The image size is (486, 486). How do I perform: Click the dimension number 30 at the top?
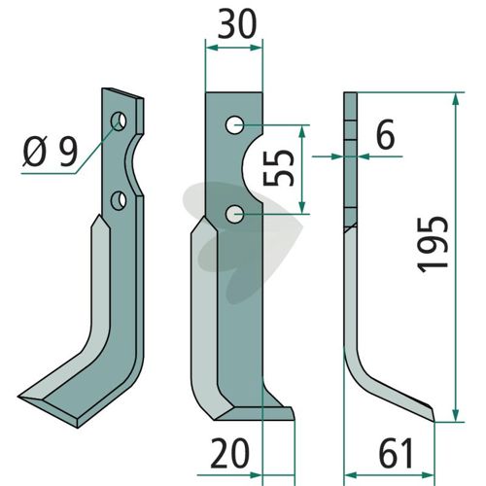237,23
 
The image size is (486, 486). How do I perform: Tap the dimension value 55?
279,168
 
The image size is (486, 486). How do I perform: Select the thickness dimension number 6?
386,134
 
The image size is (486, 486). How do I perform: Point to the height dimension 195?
433,245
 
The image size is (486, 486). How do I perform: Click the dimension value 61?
396,453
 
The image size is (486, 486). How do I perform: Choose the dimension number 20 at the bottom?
230,453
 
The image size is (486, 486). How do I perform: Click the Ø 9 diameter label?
51,152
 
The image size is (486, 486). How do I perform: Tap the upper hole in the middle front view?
235,125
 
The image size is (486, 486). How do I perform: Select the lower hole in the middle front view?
235,215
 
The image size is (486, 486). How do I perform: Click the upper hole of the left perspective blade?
119,121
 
